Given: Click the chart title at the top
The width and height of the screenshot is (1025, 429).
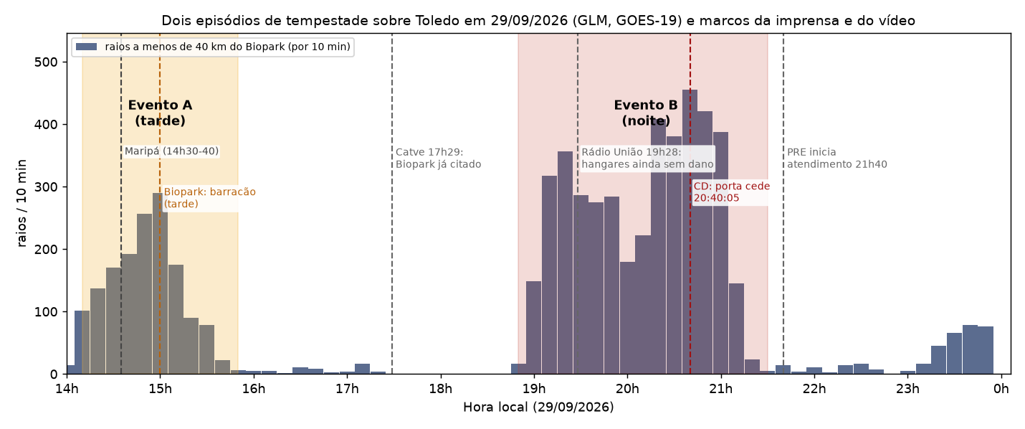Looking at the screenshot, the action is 538,21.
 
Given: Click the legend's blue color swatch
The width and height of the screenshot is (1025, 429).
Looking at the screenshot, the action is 86,47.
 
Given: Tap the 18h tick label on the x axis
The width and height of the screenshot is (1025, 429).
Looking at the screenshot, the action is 440,389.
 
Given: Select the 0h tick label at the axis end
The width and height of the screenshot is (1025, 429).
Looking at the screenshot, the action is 1001,389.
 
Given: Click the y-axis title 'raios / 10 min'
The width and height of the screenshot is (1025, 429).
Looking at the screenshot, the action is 22,203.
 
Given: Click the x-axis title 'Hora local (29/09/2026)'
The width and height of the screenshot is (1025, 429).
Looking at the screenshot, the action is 538,407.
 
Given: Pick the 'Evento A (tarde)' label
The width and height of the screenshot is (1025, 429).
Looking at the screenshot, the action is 160,113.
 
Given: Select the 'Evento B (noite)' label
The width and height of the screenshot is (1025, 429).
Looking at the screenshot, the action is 646,113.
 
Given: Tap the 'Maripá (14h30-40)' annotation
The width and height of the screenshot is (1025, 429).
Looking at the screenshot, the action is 171,151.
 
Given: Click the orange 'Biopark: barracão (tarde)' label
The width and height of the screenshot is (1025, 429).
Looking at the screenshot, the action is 209,198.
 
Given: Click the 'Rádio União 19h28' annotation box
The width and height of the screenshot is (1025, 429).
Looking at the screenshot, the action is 647,158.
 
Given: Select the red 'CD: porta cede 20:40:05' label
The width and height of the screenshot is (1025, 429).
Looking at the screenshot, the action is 731,192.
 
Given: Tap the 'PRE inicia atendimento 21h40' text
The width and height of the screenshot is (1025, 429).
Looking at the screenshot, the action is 837,158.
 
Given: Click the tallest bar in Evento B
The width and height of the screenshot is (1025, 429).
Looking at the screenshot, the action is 690,232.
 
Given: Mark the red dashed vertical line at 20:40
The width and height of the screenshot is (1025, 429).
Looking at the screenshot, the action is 690,204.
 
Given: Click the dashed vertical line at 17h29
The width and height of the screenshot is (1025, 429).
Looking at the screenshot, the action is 391,204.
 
